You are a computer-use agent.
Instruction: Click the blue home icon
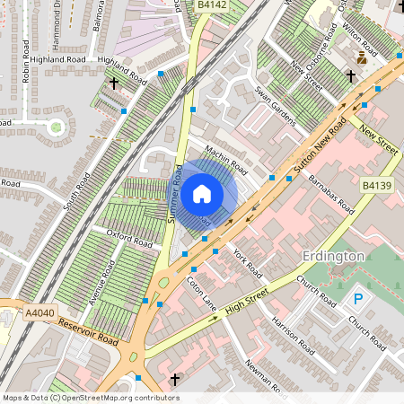(202, 192)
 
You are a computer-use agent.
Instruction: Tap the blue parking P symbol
(358, 299)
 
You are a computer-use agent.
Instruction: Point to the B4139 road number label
(378, 185)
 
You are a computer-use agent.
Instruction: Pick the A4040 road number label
(40, 312)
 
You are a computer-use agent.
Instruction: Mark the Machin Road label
(225, 162)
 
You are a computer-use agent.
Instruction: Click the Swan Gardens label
(274, 105)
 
